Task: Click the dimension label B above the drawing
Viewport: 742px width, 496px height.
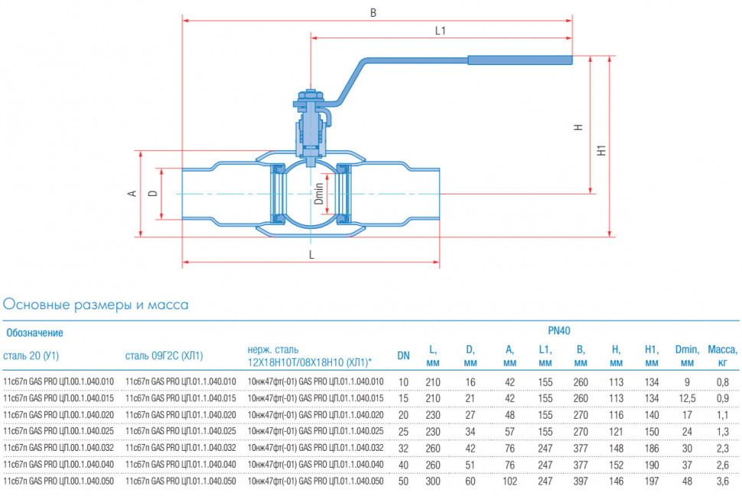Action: pyautogui.click(x=373, y=13)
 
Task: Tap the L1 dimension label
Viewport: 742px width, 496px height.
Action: pyautogui.click(x=441, y=31)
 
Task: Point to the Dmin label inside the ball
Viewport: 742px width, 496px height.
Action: pyautogui.click(x=319, y=194)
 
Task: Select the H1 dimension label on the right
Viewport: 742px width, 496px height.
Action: pyautogui.click(x=601, y=151)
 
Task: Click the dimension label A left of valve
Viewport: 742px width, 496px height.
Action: pyautogui.click(x=132, y=194)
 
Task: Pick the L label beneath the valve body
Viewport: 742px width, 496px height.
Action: pyautogui.click(x=311, y=255)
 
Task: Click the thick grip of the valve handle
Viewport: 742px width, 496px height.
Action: pyautogui.click(x=520, y=60)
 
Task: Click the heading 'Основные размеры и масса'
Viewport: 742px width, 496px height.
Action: pyautogui.click(x=96, y=305)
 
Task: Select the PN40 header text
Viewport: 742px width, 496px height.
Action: pyautogui.click(x=559, y=331)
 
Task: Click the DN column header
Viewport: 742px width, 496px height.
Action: pyautogui.click(x=403, y=356)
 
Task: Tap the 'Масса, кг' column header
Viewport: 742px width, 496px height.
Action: pyautogui.click(x=723, y=356)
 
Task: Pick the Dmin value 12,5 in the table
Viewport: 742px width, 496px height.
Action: pyautogui.click(x=687, y=399)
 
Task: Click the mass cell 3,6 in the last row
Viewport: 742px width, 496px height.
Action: pyautogui.click(x=723, y=481)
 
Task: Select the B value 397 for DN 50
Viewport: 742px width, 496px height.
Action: pyautogui.click(x=581, y=481)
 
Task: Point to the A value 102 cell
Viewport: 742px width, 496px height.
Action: pyautogui.click(x=509, y=481)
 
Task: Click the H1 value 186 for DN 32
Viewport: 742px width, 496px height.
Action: pyautogui.click(x=652, y=448)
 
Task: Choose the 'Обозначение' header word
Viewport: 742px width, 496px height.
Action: pyautogui.click(x=34, y=333)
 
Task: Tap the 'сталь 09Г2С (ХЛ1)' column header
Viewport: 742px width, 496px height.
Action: pyautogui.click(x=164, y=356)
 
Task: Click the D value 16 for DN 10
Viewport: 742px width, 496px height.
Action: pyautogui.click(x=470, y=382)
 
